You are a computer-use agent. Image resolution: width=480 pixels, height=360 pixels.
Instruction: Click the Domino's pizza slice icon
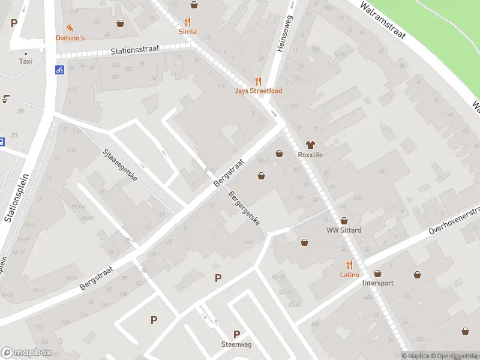pos(70,28)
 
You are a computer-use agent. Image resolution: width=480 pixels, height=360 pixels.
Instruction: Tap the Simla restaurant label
pos(188,31)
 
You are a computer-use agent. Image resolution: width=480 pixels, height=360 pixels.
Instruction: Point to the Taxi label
pos(25,61)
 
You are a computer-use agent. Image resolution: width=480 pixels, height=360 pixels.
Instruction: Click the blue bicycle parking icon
pos(59,70)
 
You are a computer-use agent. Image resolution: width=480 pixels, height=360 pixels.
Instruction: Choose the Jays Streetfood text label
pos(258,91)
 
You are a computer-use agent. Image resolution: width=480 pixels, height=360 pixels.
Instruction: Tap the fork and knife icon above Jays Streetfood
pos(259,81)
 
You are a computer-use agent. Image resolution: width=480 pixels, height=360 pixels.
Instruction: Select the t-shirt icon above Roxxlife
pos(310,145)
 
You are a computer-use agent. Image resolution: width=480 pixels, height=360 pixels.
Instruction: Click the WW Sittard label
pos(344,230)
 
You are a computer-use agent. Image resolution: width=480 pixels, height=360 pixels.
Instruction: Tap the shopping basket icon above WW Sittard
pos(344,221)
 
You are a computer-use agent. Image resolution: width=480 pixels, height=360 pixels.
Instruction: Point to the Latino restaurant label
pos(349,275)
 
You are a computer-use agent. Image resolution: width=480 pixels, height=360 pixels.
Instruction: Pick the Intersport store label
pos(378,283)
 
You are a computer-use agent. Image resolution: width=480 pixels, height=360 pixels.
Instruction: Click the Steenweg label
pos(236,344)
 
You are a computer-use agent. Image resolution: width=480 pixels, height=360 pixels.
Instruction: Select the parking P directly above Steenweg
pos(236,334)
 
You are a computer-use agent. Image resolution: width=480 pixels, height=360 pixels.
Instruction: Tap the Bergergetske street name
pos(245,208)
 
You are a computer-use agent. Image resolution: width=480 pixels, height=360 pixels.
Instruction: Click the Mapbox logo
pos(26,353)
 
